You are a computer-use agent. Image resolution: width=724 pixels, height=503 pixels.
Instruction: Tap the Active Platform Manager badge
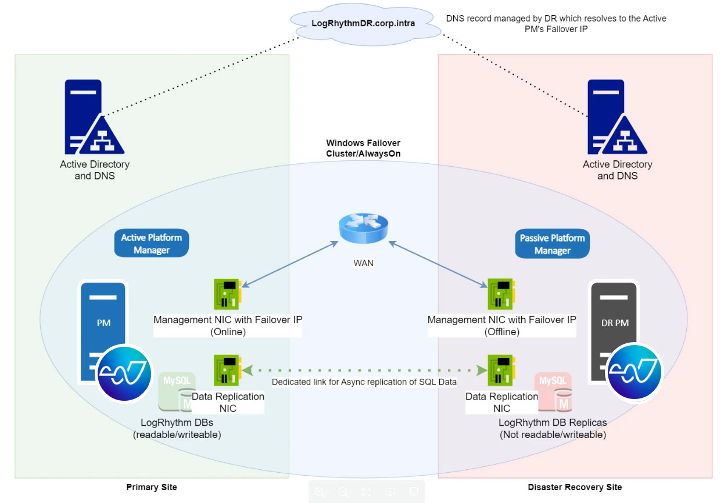(x=152, y=243)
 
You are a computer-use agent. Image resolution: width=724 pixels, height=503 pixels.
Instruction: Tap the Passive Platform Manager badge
(x=552, y=244)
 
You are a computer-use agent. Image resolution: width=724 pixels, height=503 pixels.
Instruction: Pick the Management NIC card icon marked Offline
(x=500, y=294)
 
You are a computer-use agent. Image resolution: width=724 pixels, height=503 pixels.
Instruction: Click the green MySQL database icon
(x=177, y=393)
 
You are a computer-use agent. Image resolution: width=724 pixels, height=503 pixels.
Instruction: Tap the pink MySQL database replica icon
(x=553, y=393)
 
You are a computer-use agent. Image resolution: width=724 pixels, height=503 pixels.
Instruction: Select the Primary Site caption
(x=152, y=487)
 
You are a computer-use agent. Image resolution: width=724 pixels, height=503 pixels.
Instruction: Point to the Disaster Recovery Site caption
(x=575, y=487)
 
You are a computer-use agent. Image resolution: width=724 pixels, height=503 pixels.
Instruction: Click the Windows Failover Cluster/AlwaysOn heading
(x=363, y=148)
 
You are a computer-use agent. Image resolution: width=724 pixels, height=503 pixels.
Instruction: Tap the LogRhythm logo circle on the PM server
(x=123, y=373)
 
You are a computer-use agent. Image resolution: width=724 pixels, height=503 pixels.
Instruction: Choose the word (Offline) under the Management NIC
(x=502, y=332)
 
